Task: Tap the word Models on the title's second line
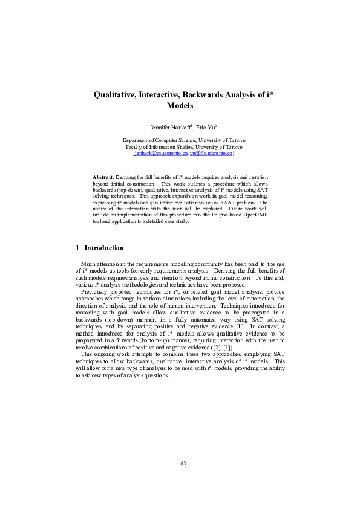click(x=180, y=105)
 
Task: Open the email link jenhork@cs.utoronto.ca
click(x=160, y=154)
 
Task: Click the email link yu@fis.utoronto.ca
click(x=211, y=154)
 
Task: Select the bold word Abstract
click(x=103, y=175)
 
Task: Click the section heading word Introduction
click(x=104, y=248)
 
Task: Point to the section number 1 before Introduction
click(x=77, y=248)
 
